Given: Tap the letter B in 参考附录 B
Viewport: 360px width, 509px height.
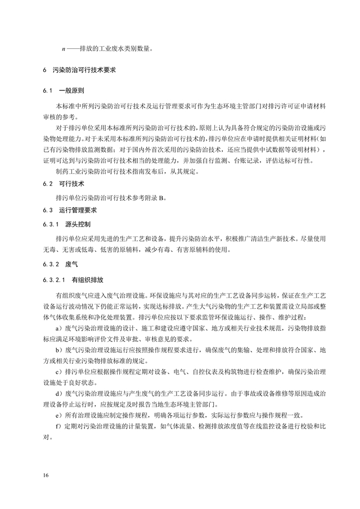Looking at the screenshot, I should (x=161, y=197).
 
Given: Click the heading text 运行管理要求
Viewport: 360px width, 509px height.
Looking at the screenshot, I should (x=78, y=211).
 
